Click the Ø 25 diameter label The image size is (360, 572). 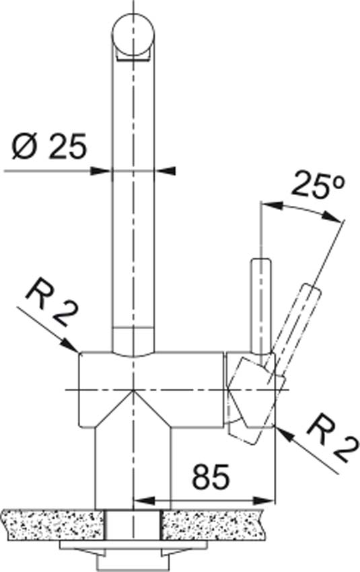[x=50, y=146]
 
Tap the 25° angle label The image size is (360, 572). [x=318, y=185]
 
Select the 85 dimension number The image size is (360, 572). [x=211, y=477]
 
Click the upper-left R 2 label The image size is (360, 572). [x=54, y=303]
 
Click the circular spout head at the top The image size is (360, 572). [x=134, y=36]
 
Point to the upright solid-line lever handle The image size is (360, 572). [x=261, y=306]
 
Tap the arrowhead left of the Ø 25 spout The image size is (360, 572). [x=100, y=170]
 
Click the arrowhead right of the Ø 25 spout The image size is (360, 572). [x=166, y=170]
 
